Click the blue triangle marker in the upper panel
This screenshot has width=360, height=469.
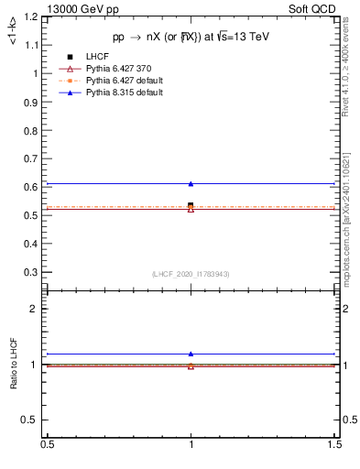point(191,184)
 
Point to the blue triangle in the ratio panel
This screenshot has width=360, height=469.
point(191,354)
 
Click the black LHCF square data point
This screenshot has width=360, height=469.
point(191,205)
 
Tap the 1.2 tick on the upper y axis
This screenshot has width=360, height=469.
point(32,16)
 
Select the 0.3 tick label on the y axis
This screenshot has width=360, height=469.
point(32,272)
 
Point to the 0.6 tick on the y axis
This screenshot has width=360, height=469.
point(32,187)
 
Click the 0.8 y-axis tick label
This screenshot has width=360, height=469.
point(32,130)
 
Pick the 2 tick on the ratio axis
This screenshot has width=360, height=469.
point(36,309)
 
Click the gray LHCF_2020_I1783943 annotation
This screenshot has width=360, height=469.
point(191,274)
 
